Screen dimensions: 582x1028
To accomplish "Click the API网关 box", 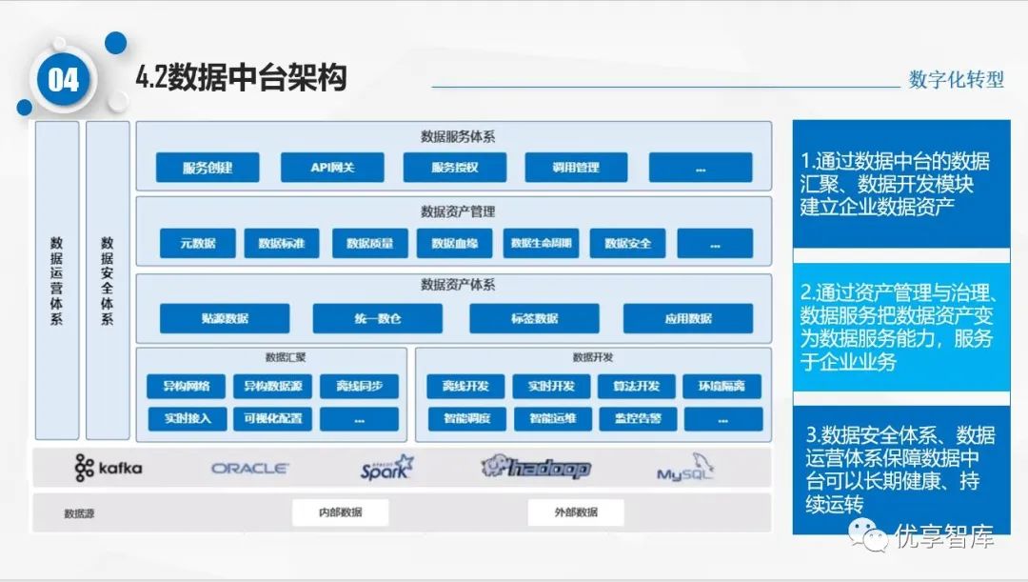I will click(331, 168).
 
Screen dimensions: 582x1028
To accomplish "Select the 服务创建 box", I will click(208, 168).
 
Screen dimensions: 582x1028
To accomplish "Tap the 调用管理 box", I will click(576, 168).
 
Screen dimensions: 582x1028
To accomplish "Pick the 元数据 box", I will click(197, 243).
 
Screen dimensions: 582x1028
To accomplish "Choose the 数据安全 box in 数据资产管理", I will click(627, 243).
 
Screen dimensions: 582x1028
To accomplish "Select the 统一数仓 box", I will click(377, 318).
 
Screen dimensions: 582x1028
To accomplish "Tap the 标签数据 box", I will click(534, 318).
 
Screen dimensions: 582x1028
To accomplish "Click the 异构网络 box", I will click(186, 386).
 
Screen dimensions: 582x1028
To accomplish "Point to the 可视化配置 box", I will click(272, 418).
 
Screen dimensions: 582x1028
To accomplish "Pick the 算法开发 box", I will click(638, 386).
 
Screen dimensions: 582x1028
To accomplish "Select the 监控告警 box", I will click(638, 418).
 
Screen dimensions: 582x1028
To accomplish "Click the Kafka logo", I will click(109, 468).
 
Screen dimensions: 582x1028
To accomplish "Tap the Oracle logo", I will click(249, 468).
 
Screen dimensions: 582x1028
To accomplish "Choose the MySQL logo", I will click(684, 469).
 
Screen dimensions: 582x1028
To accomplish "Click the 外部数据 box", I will click(576, 512).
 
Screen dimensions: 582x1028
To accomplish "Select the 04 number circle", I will click(63, 80).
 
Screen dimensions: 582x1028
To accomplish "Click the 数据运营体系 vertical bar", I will click(57, 280).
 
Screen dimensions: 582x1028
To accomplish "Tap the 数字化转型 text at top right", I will click(956, 80).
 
